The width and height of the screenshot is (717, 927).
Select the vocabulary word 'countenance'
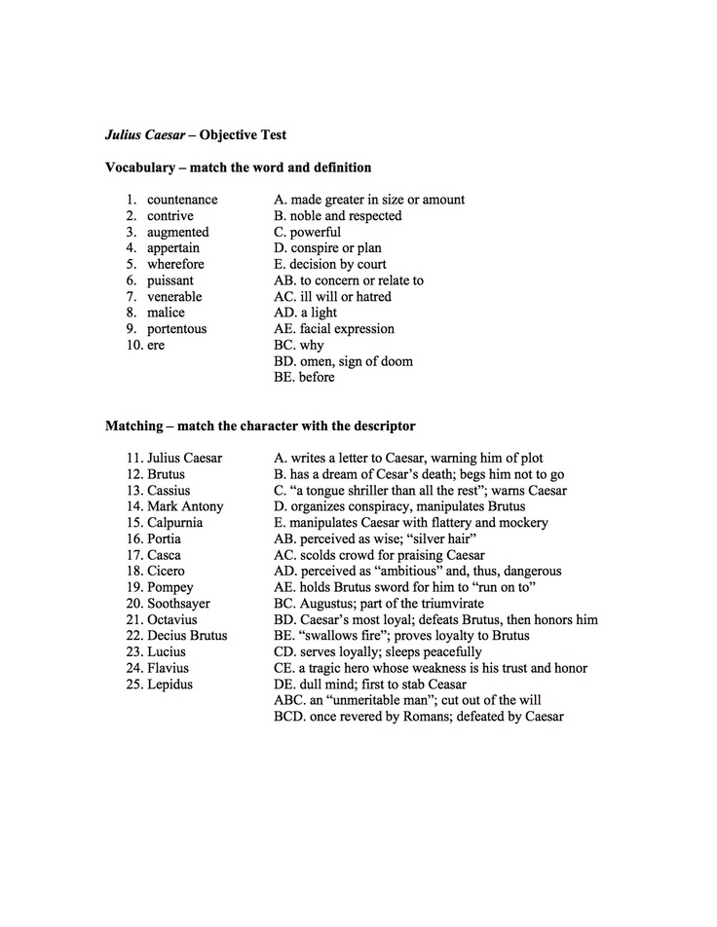click(182, 200)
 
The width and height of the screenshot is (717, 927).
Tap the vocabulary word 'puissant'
click(172, 280)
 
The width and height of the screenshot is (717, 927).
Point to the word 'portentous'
click(176, 329)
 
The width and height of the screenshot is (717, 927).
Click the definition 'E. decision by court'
click(330, 264)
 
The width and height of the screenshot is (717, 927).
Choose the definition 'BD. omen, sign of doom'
click(343, 361)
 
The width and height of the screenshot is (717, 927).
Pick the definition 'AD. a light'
click(306, 313)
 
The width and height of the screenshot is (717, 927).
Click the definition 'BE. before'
click(304, 377)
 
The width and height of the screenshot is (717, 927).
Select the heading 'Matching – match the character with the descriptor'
click(260, 426)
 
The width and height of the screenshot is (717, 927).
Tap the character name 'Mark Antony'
click(185, 506)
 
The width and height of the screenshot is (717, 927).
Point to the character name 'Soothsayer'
click(179, 604)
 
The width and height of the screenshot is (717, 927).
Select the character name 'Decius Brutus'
click(187, 636)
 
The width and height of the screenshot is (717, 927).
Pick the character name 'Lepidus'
click(170, 685)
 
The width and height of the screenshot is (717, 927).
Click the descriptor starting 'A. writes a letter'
click(408, 458)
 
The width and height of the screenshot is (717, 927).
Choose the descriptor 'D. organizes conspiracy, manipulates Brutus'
click(399, 506)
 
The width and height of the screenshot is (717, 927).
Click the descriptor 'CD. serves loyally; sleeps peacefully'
click(378, 652)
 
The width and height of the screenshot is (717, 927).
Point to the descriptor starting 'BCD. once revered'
click(419, 717)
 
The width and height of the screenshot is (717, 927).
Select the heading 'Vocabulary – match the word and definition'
click(238, 167)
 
